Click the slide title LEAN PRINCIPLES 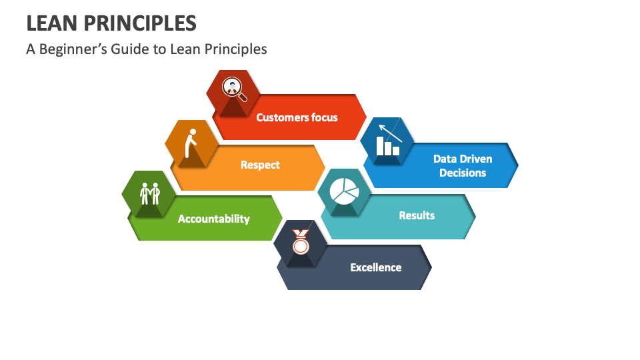(x=111, y=23)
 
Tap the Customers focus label (x=297, y=117)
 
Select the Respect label (x=260, y=165)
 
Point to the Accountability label (x=213, y=219)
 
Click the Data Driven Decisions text (x=463, y=165)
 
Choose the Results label (x=417, y=215)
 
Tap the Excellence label (x=376, y=267)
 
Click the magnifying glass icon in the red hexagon (x=233, y=89)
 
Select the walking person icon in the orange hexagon (x=192, y=140)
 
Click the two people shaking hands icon (x=150, y=193)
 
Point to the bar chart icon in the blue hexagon (x=387, y=146)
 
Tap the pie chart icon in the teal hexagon (x=344, y=191)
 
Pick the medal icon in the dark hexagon (x=301, y=242)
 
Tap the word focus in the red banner (x=323, y=117)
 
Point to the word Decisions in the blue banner (x=463, y=173)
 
